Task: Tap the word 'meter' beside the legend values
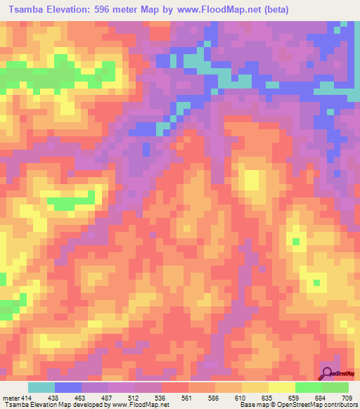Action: point(11,398)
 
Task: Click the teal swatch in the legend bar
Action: point(41,387)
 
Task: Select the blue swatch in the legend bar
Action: point(68,387)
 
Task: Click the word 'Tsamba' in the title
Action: point(30,11)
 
